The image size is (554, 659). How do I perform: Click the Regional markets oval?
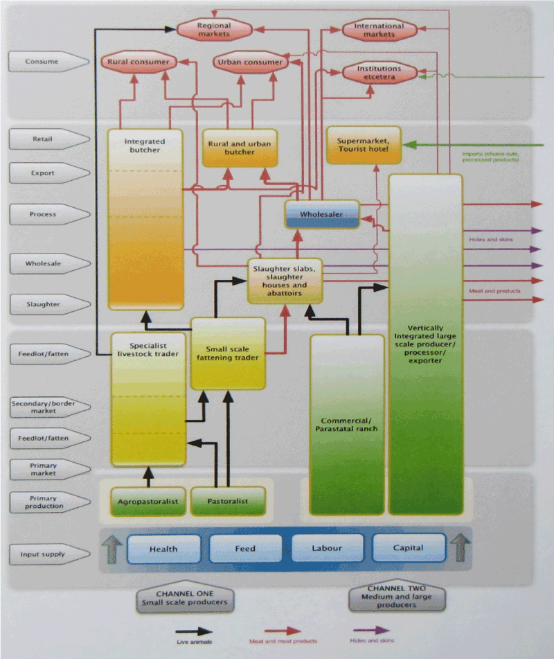point(213,30)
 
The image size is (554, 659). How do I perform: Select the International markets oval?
point(379,30)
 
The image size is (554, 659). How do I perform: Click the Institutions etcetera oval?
point(379,73)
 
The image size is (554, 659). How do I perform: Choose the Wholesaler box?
point(323,215)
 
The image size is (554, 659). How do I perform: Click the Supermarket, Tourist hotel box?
point(363,145)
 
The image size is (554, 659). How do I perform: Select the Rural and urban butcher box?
point(240,148)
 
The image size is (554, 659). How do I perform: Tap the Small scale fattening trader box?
point(228,353)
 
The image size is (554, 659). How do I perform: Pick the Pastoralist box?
point(228,501)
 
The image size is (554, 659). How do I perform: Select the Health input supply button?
point(163,548)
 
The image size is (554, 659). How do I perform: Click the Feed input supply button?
point(245,548)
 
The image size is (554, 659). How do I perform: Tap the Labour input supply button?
point(327,548)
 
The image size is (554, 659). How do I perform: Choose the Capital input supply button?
point(408,548)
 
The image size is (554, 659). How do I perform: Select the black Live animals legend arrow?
point(194,631)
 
